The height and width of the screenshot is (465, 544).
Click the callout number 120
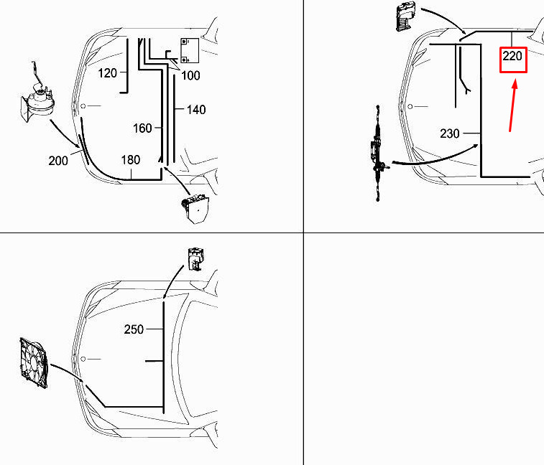107,73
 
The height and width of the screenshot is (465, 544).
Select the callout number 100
190,75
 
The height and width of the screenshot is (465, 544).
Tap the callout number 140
196,110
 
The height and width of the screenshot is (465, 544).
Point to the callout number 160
142,128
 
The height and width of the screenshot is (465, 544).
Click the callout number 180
131,160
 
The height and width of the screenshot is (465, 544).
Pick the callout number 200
58,161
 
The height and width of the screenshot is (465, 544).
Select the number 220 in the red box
512,56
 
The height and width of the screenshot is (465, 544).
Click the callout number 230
450,133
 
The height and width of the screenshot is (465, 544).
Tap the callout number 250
134,329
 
